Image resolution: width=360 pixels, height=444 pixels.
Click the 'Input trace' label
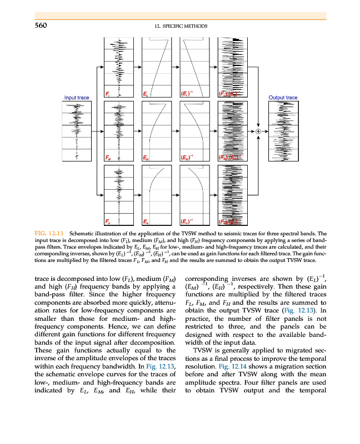tap(76, 98)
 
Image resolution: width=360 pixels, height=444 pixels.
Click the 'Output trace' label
tap(283, 98)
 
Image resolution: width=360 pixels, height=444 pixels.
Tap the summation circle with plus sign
tap(258, 132)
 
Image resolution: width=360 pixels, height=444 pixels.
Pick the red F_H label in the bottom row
tap(108, 222)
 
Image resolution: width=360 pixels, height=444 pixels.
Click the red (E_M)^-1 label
tap(187, 158)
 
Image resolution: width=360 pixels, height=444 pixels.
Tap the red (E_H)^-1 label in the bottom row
tap(187, 222)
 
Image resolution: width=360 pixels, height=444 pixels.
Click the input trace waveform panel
tap(76, 132)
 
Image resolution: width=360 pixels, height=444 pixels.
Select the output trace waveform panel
tap(283, 132)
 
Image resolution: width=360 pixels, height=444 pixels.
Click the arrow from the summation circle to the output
tap(264, 132)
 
